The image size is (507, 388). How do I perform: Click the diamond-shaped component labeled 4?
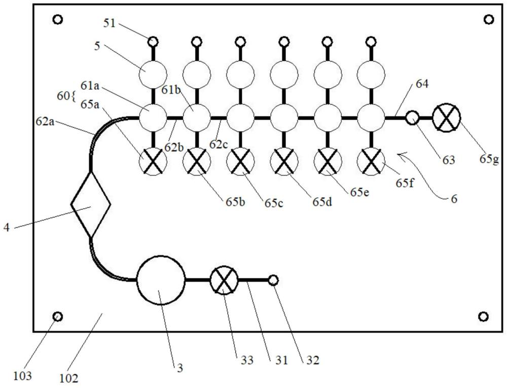[x=91, y=204]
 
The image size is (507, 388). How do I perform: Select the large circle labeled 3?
[x=161, y=279]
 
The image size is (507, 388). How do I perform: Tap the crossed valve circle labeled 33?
[x=224, y=279]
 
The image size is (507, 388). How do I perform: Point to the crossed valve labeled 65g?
[x=447, y=118]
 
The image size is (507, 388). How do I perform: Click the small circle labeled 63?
[x=413, y=118]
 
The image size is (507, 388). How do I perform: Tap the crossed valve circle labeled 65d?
[x=284, y=162]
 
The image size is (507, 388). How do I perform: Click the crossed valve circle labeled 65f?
[x=371, y=162]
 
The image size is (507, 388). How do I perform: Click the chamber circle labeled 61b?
[x=196, y=118]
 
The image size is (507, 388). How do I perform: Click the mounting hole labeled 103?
[x=58, y=316]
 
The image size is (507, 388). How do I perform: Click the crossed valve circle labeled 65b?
[x=196, y=162]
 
